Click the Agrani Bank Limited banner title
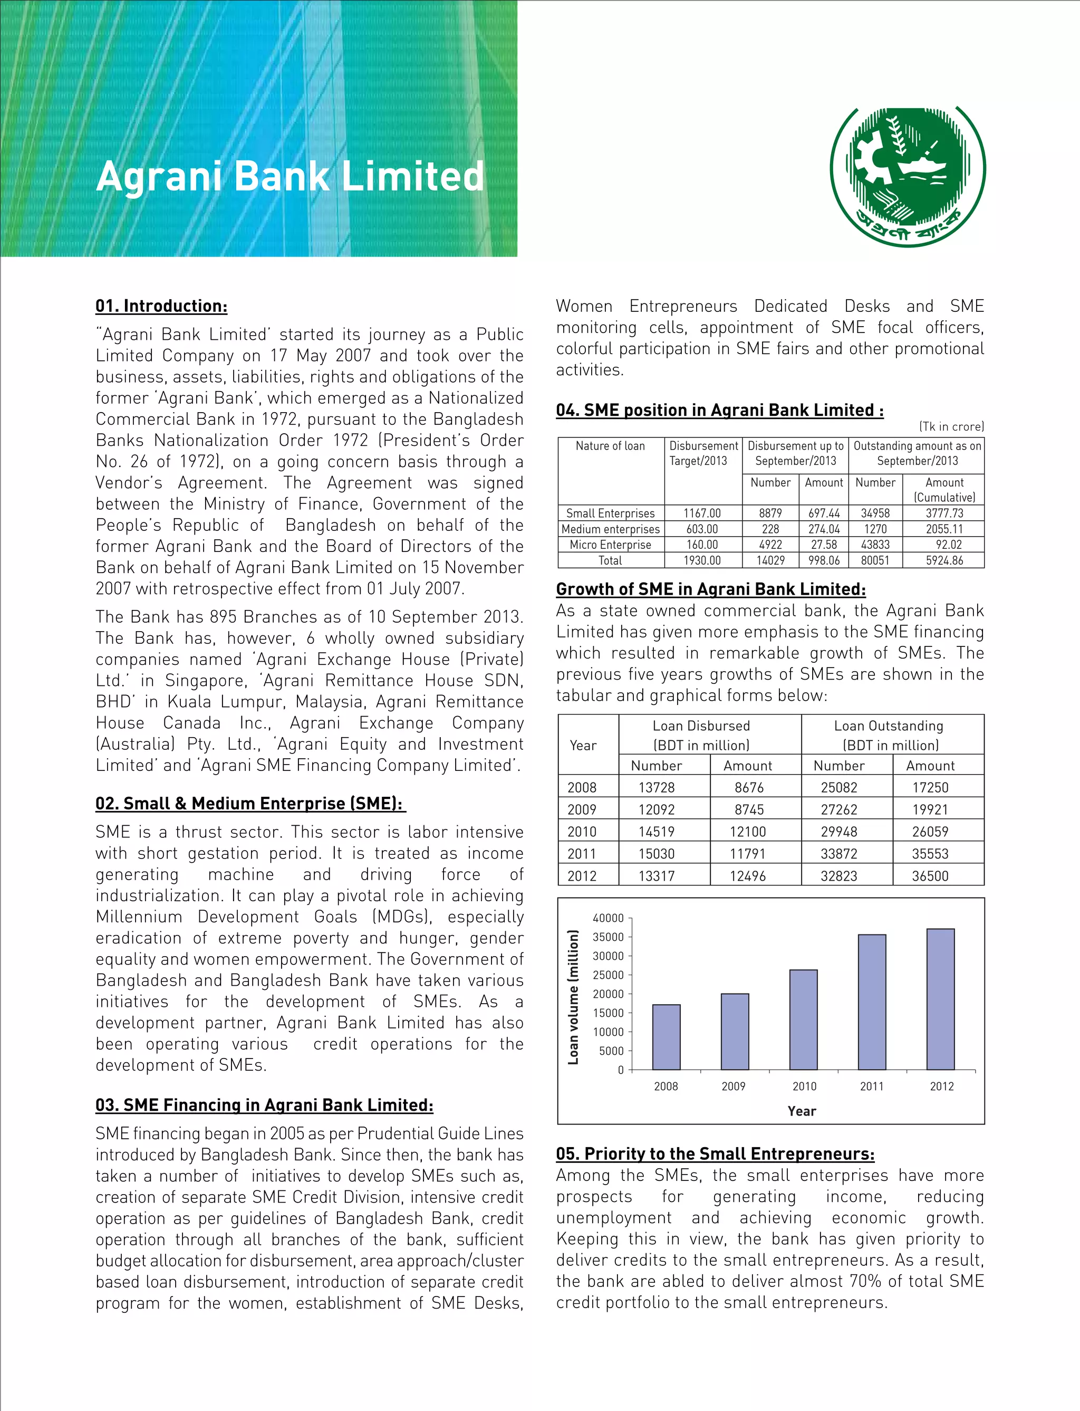point(290,176)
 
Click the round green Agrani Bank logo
point(907,176)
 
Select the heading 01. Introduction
point(161,306)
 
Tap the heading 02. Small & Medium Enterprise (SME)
point(249,803)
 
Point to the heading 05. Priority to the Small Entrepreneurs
point(715,1153)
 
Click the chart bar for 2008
point(666,1037)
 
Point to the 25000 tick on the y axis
point(608,975)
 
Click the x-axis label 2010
point(804,1086)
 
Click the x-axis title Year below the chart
point(802,1111)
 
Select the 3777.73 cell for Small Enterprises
point(944,513)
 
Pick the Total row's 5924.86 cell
point(944,560)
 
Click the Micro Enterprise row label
point(610,545)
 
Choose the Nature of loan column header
point(610,446)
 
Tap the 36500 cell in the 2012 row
point(930,876)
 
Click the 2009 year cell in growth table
point(582,809)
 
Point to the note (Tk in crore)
point(951,426)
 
